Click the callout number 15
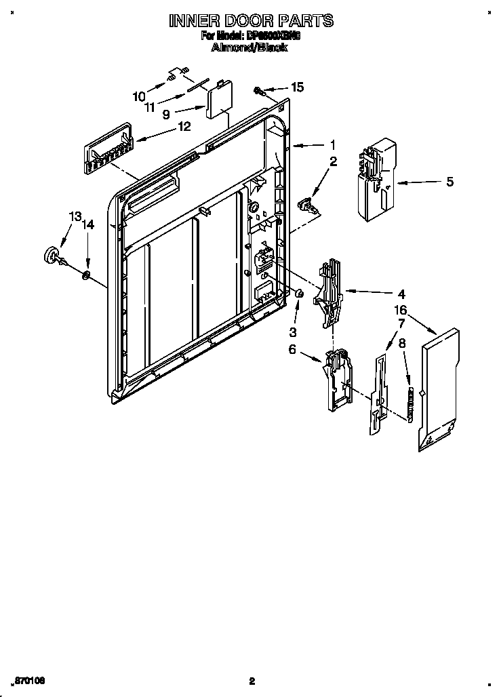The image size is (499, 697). (x=297, y=87)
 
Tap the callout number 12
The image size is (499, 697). (x=184, y=126)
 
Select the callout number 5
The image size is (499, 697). (x=450, y=182)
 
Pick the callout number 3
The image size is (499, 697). (x=293, y=332)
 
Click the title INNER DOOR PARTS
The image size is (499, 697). (x=251, y=21)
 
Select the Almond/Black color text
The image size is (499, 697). (x=250, y=47)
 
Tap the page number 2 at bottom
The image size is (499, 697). (x=251, y=681)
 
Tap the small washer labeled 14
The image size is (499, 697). (x=86, y=275)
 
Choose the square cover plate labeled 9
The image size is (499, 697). (x=218, y=100)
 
